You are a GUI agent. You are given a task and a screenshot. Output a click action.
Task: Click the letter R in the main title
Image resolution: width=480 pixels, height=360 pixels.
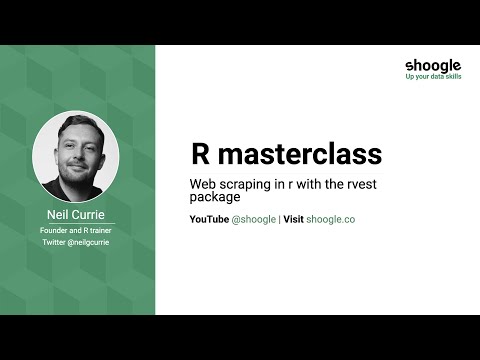(x=199, y=155)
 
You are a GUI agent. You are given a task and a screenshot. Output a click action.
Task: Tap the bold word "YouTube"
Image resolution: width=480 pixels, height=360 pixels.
(x=209, y=218)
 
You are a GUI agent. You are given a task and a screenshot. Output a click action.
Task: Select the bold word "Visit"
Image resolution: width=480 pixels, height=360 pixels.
(x=293, y=218)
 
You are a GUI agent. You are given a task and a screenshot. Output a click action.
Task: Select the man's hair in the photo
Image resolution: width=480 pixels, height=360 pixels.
(x=73, y=129)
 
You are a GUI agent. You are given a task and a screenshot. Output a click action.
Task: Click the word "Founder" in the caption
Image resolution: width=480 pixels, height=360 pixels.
(x=56, y=230)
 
